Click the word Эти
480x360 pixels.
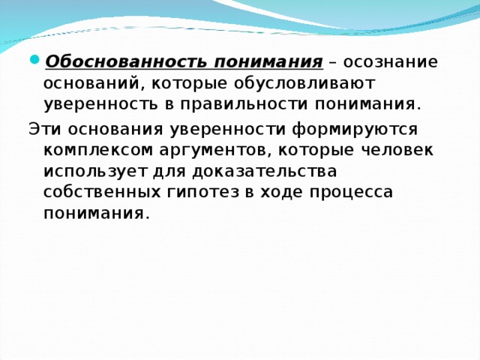coord(42,128)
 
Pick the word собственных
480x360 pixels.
coord(101,191)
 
